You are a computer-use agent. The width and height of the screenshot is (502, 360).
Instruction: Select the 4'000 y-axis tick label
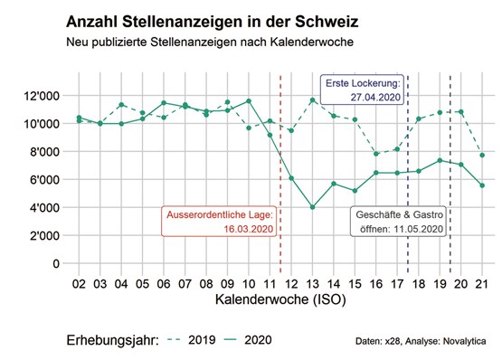click(42, 207)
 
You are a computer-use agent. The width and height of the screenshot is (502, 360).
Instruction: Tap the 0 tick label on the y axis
click(56, 263)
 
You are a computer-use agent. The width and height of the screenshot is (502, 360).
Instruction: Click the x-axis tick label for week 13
click(312, 283)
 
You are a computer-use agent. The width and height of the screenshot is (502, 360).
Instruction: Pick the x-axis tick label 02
click(79, 283)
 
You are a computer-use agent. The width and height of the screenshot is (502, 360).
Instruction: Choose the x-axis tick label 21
click(482, 283)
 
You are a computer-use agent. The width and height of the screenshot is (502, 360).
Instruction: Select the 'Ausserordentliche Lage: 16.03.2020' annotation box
click(220, 223)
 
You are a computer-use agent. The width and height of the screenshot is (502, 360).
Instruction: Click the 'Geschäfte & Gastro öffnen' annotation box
click(399, 223)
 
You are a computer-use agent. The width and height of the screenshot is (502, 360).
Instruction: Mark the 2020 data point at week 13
click(312, 207)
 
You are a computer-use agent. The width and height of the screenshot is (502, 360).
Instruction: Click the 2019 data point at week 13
click(312, 99)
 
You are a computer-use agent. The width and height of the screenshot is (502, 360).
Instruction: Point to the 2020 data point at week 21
click(482, 185)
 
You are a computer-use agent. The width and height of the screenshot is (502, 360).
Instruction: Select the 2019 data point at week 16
click(376, 154)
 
